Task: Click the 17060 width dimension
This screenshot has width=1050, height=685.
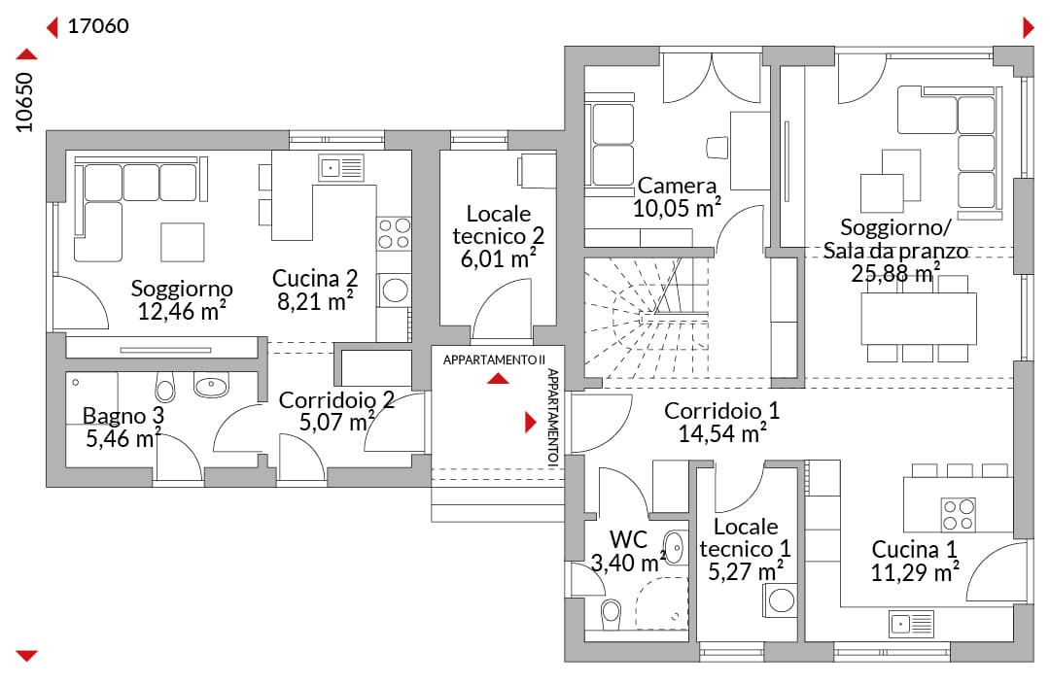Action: point(98,26)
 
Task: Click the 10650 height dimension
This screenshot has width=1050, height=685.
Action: point(24,102)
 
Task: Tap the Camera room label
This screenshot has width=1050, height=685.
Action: point(677,186)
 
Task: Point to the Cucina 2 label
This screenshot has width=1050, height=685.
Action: point(315,278)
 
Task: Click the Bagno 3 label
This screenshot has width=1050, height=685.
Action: point(123,416)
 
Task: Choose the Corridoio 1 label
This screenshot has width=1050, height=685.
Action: point(721,410)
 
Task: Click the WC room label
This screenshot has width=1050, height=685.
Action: point(628,539)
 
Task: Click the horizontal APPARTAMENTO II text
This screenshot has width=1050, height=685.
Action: point(494,360)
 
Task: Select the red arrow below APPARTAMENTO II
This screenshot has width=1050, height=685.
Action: point(498,379)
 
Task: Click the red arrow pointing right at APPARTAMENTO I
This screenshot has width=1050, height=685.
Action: point(531,422)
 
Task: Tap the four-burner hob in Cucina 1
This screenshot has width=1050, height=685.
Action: point(959,514)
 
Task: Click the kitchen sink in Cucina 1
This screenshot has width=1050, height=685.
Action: point(911,624)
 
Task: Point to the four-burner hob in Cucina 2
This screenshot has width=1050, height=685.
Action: point(394,233)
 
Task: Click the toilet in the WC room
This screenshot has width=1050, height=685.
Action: point(610,612)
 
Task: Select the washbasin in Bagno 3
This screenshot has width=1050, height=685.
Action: point(211,385)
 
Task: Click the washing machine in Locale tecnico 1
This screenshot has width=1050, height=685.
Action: point(781,600)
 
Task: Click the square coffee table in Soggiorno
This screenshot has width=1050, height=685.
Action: point(182,242)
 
